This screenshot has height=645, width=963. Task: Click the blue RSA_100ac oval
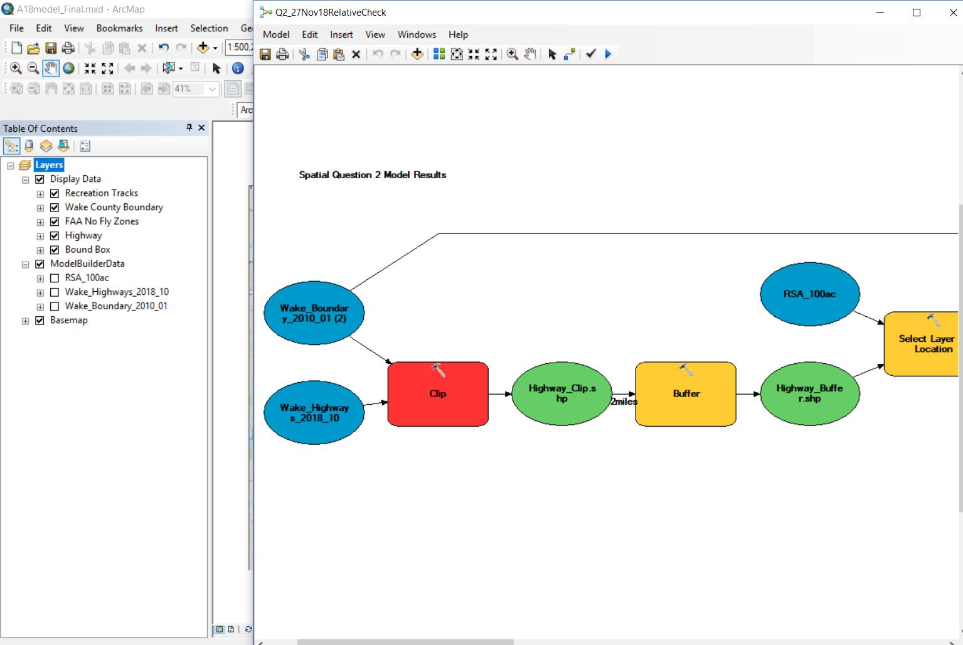click(809, 294)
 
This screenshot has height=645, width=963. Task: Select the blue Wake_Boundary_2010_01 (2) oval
click(314, 312)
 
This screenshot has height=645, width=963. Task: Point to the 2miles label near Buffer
click(624, 402)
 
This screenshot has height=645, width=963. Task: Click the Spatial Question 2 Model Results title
click(372, 175)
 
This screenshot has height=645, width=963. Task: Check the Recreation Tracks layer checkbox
click(55, 193)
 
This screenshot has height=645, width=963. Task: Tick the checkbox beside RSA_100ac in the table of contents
click(55, 278)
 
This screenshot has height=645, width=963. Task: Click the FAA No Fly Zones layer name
click(102, 221)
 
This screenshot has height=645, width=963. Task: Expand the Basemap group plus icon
click(26, 321)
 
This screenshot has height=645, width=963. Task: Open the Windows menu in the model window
click(417, 35)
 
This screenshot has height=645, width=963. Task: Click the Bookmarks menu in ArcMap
click(119, 28)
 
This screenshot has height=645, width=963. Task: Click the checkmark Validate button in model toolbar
click(590, 54)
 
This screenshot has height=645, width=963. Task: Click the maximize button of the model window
click(916, 13)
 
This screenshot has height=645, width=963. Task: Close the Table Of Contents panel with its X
click(201, 128)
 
